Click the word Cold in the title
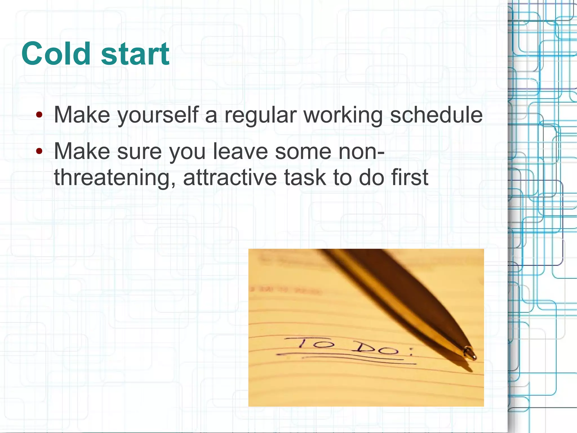click(x=56, y=54)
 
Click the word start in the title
click(x=135, y=54)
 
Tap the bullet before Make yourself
click(x=39, y=115)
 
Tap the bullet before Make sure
click(x=39, y=151)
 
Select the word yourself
click(x=158, y=115)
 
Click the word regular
click(x=261, y=115)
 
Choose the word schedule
click(x=436, y=115)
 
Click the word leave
click(x=240, y=151)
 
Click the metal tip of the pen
click(x=470, y=353)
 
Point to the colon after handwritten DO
click(x=411, y=351)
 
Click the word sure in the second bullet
click(x=139, y=151)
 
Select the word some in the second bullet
click(x=303, y=151)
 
